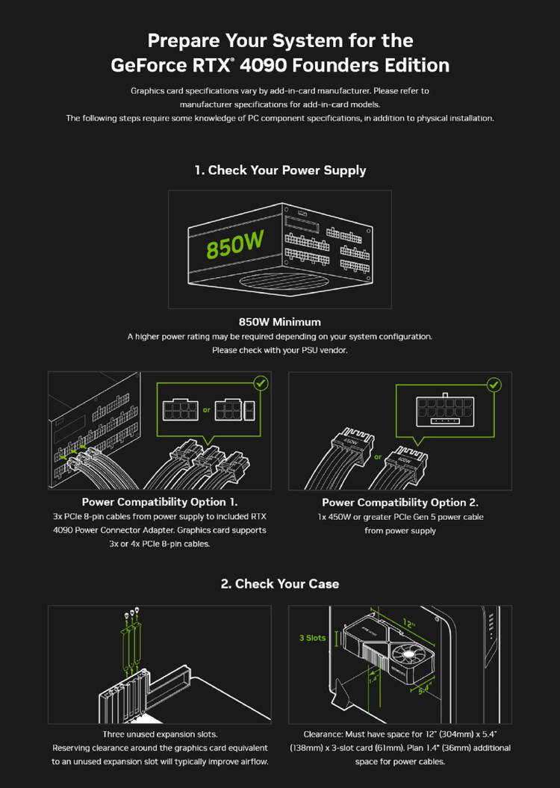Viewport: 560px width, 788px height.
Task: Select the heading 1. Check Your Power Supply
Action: (280, 170)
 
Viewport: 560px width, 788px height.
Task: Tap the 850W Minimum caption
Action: (280, 322)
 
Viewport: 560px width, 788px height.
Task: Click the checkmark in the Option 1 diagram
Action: (261, 383)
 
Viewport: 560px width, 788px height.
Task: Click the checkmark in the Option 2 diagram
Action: (494, 385)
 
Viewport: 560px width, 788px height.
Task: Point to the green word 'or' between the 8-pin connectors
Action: (206, 410)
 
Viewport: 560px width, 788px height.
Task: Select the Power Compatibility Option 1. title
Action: (160, 502)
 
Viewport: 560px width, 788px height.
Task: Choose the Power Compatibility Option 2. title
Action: (400, 503)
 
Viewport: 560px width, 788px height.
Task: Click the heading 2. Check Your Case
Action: (280, 584)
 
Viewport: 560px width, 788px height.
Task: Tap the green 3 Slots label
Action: (312, 638)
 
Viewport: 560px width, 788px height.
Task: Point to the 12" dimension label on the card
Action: (409, 624)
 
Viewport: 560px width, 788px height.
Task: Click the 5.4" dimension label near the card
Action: (425, 688)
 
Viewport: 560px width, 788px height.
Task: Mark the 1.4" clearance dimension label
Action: (373, 679)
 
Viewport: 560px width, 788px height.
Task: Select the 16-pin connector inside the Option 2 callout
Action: (445, 410)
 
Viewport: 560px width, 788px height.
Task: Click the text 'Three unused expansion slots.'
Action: (160, 734)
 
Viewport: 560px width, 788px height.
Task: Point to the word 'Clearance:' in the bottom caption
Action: (323, 734)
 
